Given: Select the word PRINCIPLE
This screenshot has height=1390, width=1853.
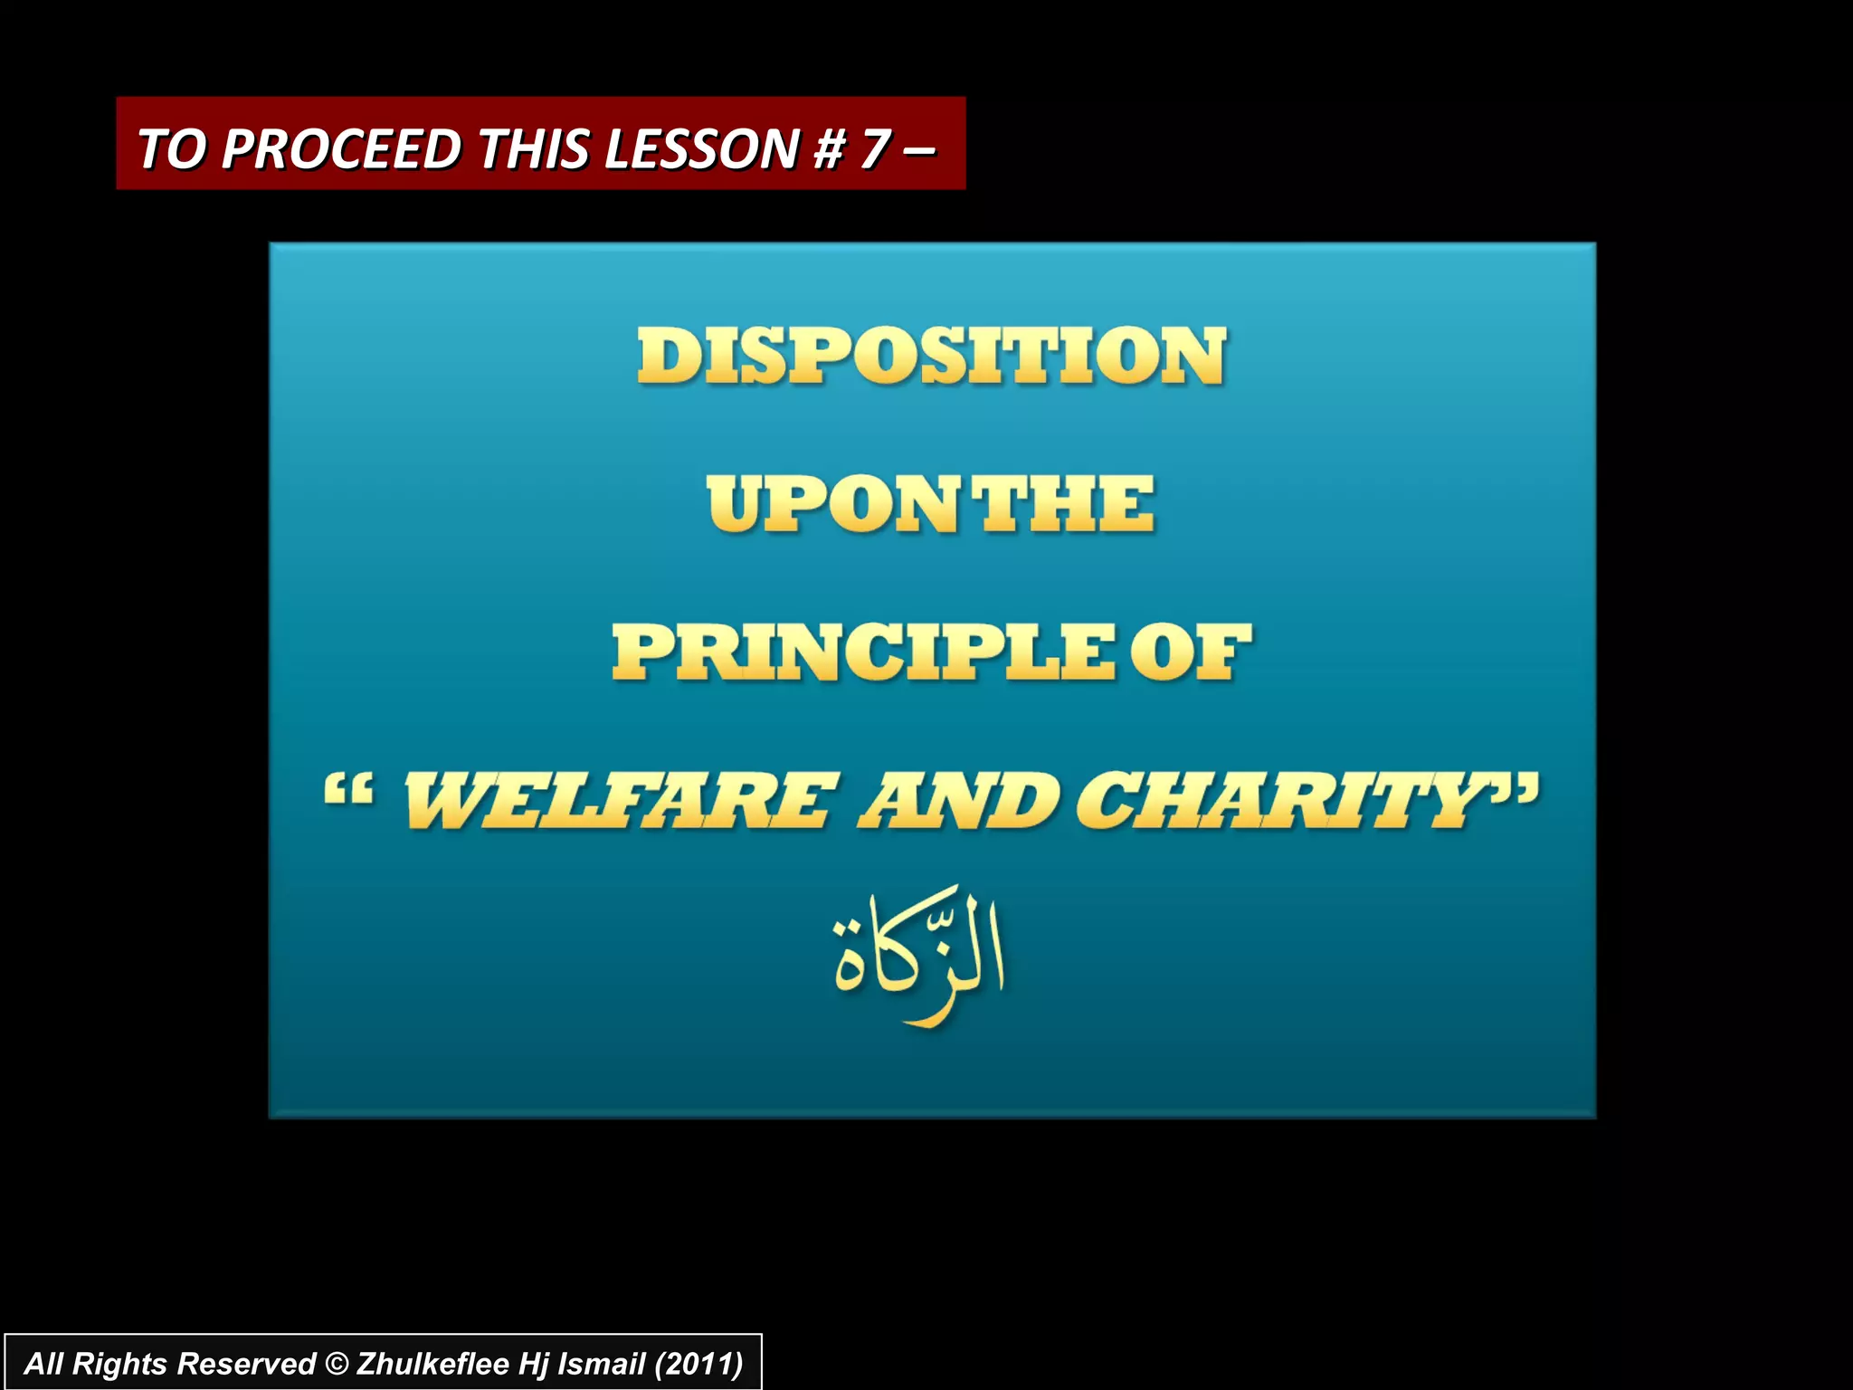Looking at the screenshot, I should [863, 652].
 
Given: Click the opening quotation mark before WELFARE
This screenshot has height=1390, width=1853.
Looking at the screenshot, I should [348, 790].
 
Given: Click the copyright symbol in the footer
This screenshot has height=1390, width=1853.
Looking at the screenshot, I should [335, 1364].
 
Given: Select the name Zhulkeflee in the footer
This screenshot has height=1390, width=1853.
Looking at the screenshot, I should [432, 1364].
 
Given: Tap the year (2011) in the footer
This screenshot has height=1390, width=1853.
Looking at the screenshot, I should [698, 1364].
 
